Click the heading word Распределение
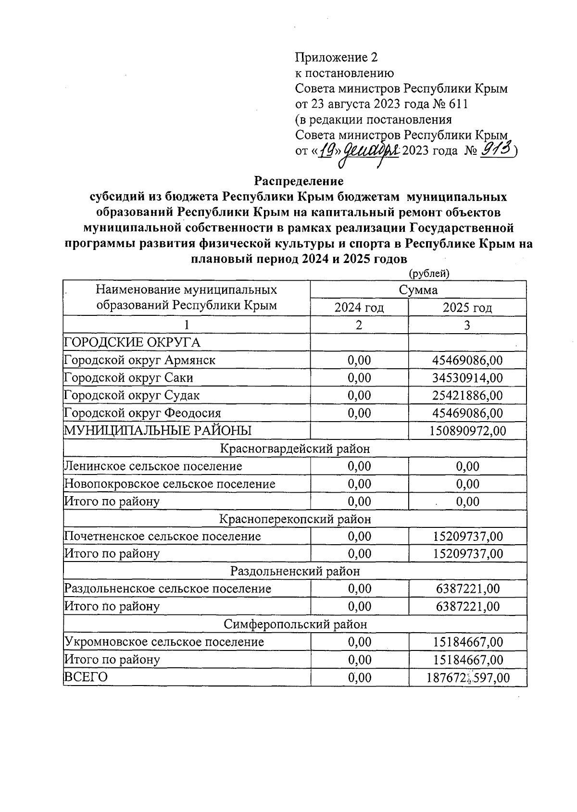tap(299, 181)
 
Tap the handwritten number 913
tap(495, 150)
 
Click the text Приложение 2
tap(336, 58)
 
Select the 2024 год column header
tap(359, 308)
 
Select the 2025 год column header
tap(467, 308)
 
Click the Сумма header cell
tap(418, 290)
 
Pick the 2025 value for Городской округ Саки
tap(467, 378)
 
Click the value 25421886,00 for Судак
tap(467, 396)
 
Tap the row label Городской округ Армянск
tap(140, 360)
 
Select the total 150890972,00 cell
tap(467, 431)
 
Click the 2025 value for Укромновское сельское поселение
tap(467, 642)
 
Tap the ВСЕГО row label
tap(86, 677)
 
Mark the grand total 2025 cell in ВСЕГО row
tap(467, 678)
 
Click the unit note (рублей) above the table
tap(429, 274)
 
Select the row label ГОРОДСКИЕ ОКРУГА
tap(132, 342)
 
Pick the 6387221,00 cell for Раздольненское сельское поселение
tap(467, 589)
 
